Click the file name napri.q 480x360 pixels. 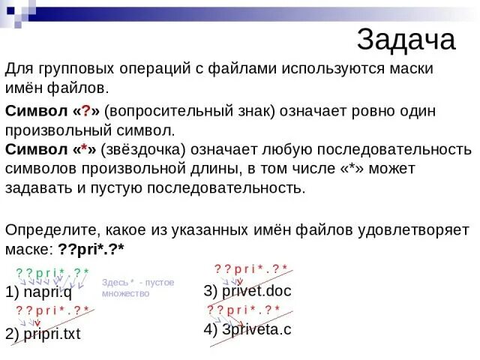(49, 293)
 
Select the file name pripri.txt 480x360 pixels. (53, 334)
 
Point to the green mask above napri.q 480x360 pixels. (52, 271)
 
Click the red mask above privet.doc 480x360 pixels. (251, 268)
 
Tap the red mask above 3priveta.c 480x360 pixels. (244, 310)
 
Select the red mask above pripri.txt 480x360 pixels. (52, 310)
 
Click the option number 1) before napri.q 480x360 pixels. (12, 293)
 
